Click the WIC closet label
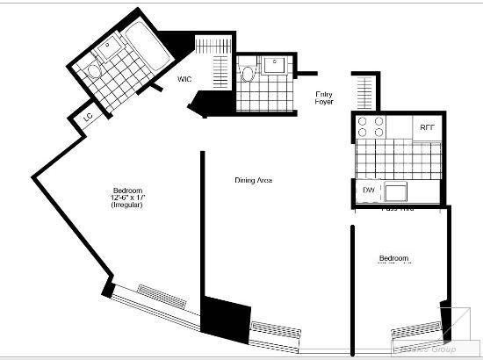(x=184, y=79)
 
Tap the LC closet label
(x=89, y=118)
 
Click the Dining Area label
(x=253, y=180)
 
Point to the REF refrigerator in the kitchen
(x=428, y=127)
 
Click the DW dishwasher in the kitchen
(x=369, y=191)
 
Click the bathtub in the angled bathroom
(x=140, y=44)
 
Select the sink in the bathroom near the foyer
(x=275, y=62)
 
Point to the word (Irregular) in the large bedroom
(x=127, y=216)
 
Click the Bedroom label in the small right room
(x=393, y=258)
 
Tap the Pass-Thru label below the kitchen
(x=397, y=209)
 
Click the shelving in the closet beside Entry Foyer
(x=364, y=90)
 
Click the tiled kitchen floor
(x=395, y=159)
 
